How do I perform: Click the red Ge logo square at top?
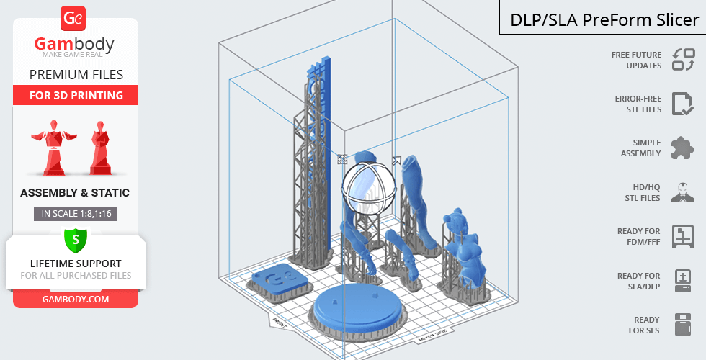[73, 19]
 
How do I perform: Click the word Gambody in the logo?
[74, 44]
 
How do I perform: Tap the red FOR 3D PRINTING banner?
[76, 95]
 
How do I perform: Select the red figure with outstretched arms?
[54, 147]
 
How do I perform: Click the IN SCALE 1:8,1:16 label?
[76, 214]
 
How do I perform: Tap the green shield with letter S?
[76, 240]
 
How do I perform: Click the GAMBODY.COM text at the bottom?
[76, 300]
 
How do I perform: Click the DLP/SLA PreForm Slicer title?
[604, 20]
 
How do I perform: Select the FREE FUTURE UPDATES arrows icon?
[684, 59]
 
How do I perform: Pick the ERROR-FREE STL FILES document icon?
[683, 104]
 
